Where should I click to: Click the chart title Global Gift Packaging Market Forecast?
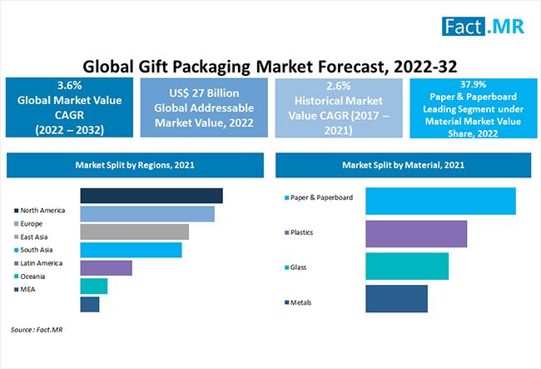(270, 65)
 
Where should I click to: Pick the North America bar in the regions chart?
(151, 196)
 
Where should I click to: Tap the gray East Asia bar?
(135, 232)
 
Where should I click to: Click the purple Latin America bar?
(107, 267)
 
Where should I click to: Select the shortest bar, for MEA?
(90, 304)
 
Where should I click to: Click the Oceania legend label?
(33, 276)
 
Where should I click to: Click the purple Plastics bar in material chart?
(416, 234)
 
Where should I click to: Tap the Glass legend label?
(299, 267)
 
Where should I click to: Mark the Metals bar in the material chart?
(396, 299)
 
